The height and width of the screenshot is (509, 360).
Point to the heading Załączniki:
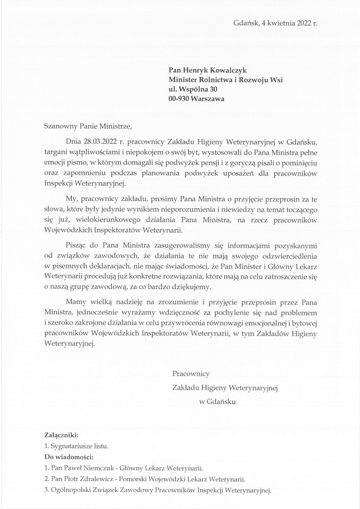(61, 435)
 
